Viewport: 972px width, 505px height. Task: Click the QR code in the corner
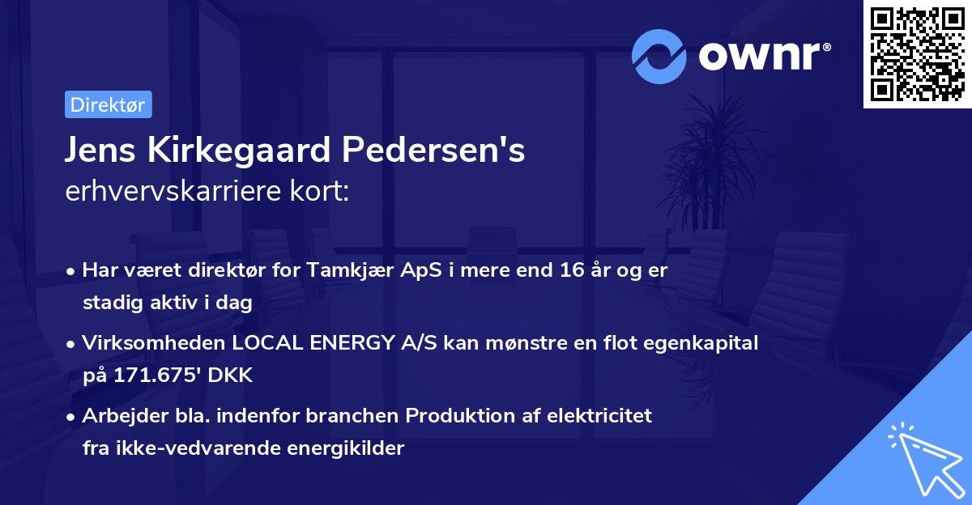918,53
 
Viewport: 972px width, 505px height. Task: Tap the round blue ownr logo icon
659,56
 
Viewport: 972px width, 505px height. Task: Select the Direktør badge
108,104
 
